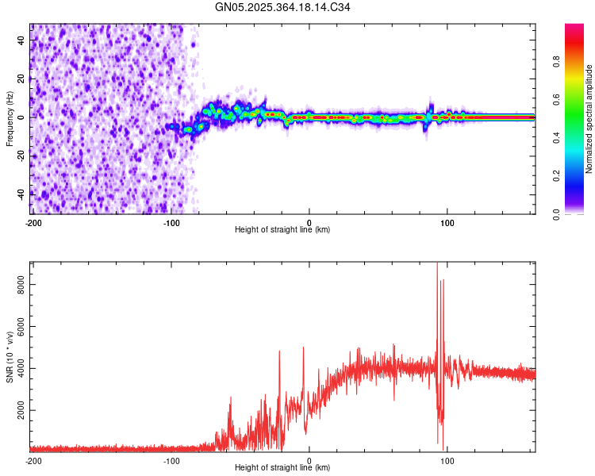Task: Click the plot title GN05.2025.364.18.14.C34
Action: click(282, 7)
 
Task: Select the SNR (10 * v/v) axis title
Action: click(10, 356)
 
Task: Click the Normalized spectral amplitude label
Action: click(589, 119)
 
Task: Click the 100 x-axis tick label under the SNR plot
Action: click(447, 460)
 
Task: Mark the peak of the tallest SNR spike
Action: click(437, 264)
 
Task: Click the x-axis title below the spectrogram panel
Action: click(282, 229)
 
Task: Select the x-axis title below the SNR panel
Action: click(282, 467)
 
